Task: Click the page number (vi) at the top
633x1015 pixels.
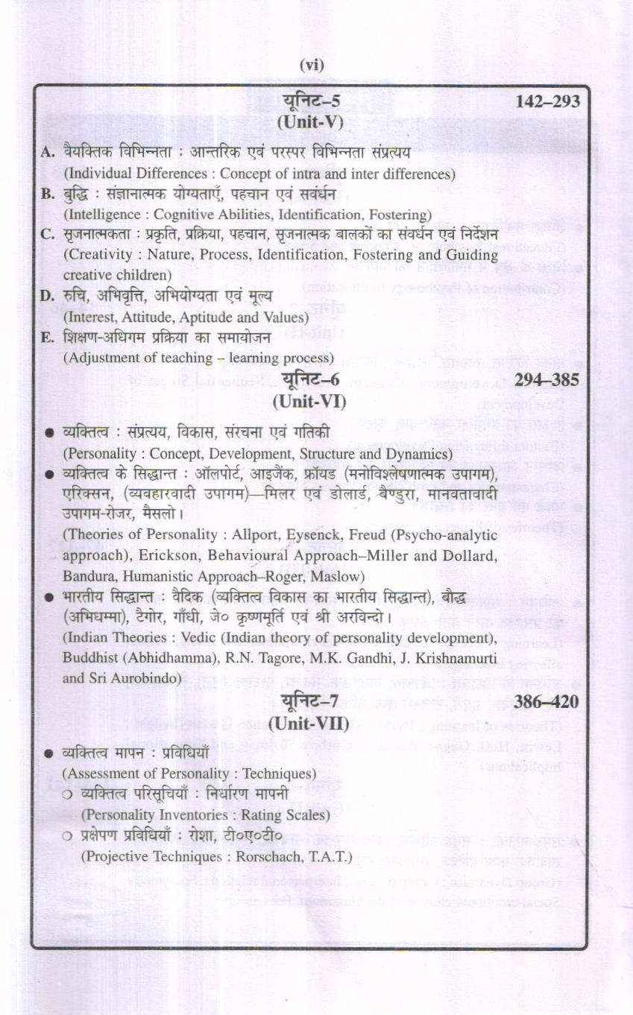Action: coord(312,66)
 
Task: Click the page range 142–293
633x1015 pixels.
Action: coord(547,102)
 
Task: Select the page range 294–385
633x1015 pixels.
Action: coord(547,381)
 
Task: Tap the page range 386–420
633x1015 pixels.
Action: coord(547,701)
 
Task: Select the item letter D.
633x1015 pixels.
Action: coord(46,297)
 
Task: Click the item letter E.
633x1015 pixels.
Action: coord(46,338)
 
